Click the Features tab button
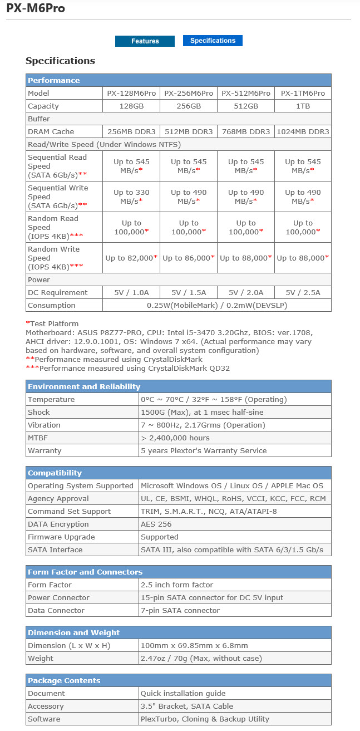(145, 41)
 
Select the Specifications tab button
(213, 41)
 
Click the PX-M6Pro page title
(36, 8)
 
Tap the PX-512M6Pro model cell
(245, 93)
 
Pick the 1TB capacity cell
(303, 106)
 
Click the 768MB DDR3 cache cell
(245, 131)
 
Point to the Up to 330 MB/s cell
(131, 197)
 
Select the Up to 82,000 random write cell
(131, 258)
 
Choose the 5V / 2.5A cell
(303, 292)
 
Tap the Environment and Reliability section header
(84, 386)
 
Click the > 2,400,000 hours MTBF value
(175, 438)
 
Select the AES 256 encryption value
(156, 524)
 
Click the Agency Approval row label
(58, 498)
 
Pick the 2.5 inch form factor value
(177, 585)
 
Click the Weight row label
(41, 658)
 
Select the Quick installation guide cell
(183, 693)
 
